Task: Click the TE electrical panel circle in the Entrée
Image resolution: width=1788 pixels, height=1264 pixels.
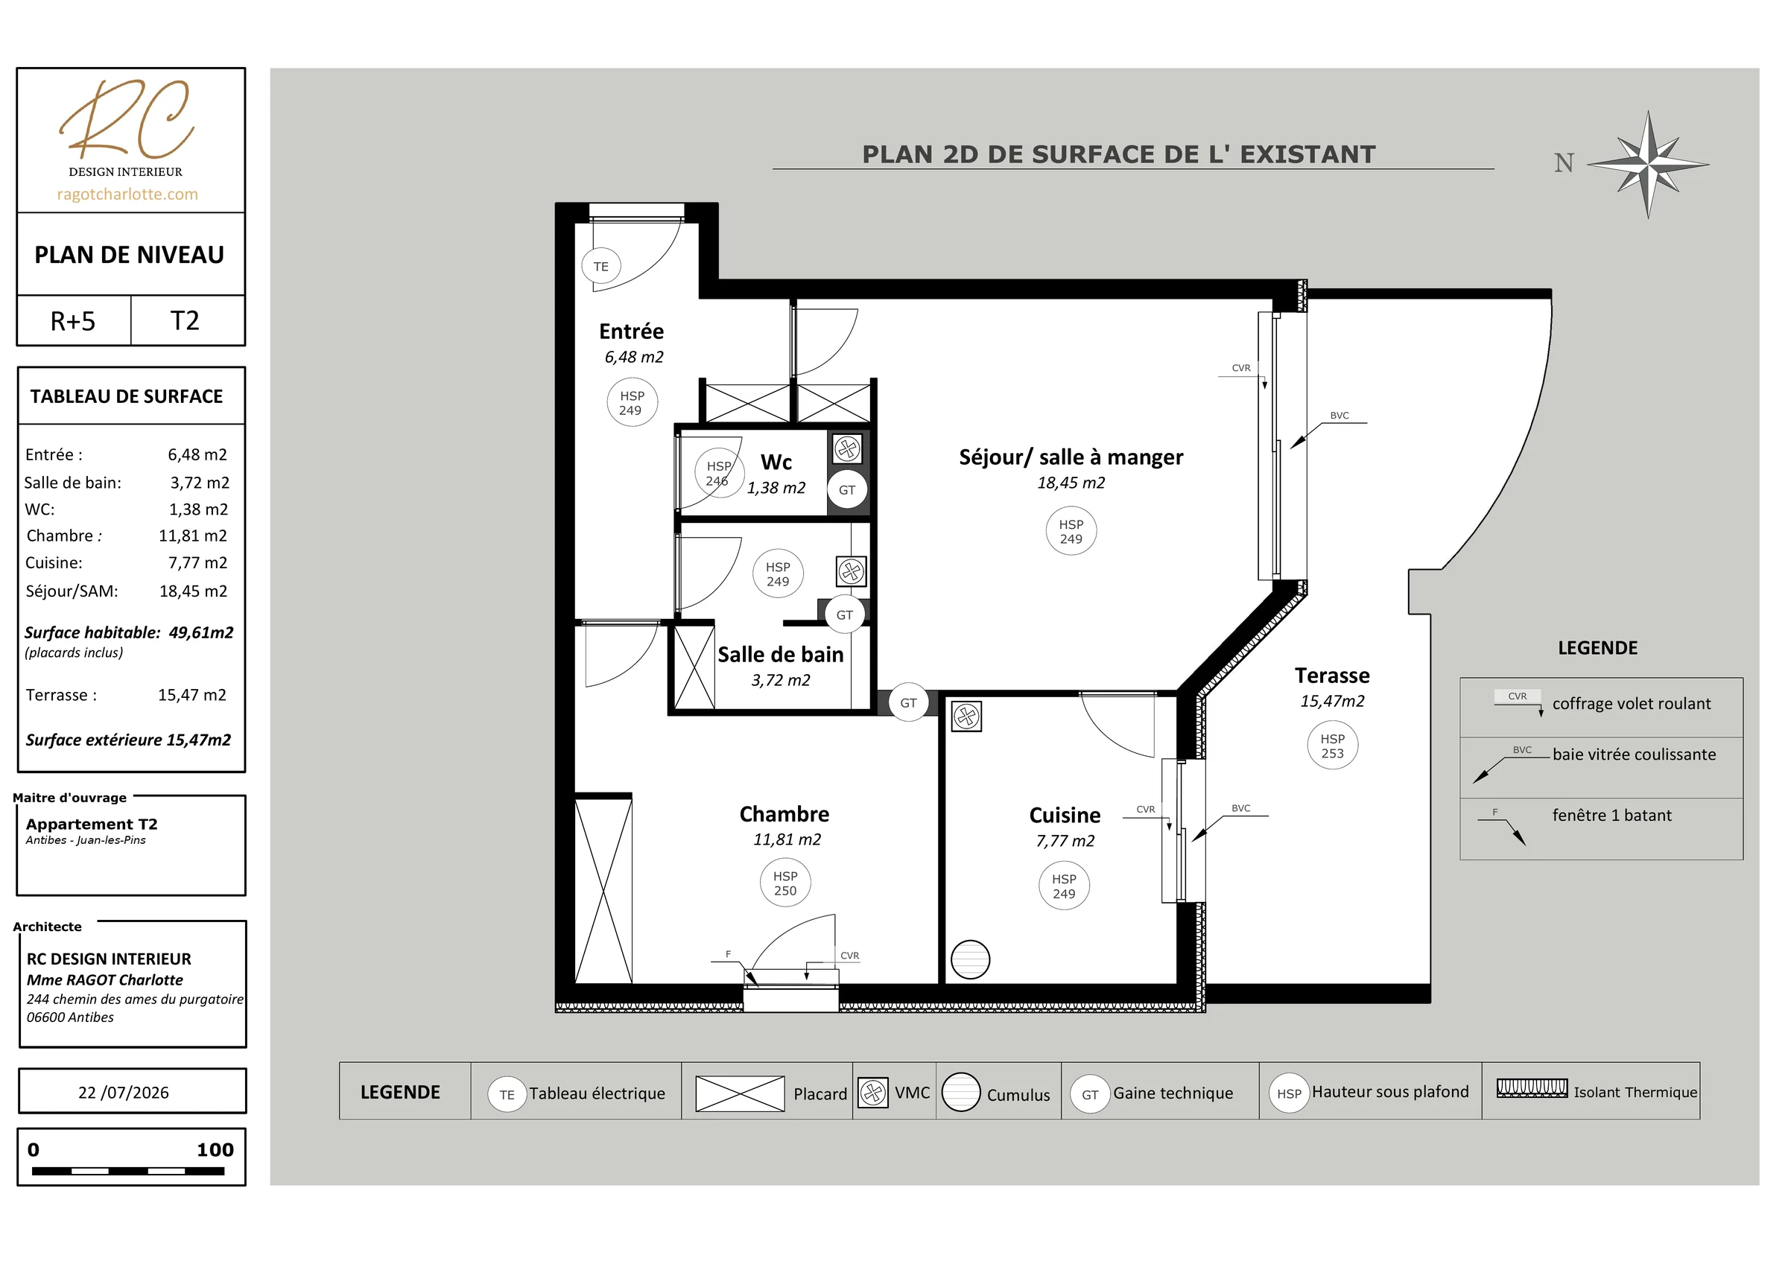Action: point(601,267)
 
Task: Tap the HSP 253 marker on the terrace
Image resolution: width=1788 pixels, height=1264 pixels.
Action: point(1333,746)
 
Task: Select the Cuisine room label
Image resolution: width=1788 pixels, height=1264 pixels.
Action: point(1065,816)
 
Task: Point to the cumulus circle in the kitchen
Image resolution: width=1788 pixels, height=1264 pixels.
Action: point(970,959)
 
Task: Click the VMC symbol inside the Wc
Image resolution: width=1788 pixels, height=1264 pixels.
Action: point(847,448)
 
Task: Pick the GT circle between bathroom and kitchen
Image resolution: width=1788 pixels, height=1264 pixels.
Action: point(908,702)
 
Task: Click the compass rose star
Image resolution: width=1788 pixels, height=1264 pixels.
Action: point(1648,165)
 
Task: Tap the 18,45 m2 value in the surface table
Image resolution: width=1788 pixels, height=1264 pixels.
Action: point(193,591)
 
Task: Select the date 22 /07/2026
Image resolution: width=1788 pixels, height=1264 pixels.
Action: point(123,1093)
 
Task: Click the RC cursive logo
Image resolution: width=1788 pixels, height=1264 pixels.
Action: point(127,118)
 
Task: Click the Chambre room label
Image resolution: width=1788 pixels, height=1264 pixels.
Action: point(784,814)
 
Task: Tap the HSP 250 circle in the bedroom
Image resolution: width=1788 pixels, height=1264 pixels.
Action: point(785,883)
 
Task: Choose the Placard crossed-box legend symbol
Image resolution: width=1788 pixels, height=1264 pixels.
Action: point(740,1093)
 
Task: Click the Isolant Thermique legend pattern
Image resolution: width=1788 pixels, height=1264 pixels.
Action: point(1532,1088)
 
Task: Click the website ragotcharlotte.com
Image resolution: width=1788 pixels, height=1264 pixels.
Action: point(127,194)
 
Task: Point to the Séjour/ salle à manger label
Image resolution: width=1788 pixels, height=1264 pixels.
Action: point(1071,457)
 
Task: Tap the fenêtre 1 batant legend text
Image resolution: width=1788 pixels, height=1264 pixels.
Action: point(1612,816)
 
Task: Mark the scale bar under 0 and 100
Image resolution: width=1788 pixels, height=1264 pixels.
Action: point(128,1171)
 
